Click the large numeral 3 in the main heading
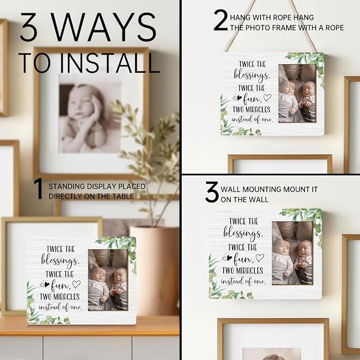(29, 27)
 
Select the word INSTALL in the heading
(110, 63)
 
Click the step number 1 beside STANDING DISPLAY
(39, 189)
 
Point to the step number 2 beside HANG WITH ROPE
(221, 20)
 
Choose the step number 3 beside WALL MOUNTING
(212, 192)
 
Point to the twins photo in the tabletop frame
(108, 280)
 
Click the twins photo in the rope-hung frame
(297, 93)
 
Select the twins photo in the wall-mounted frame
(293, 253)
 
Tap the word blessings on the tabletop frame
(60, 260)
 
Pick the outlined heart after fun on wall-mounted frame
(260, 257)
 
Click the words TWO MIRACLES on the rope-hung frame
(251, 110)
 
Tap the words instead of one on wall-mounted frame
(243, 281)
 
